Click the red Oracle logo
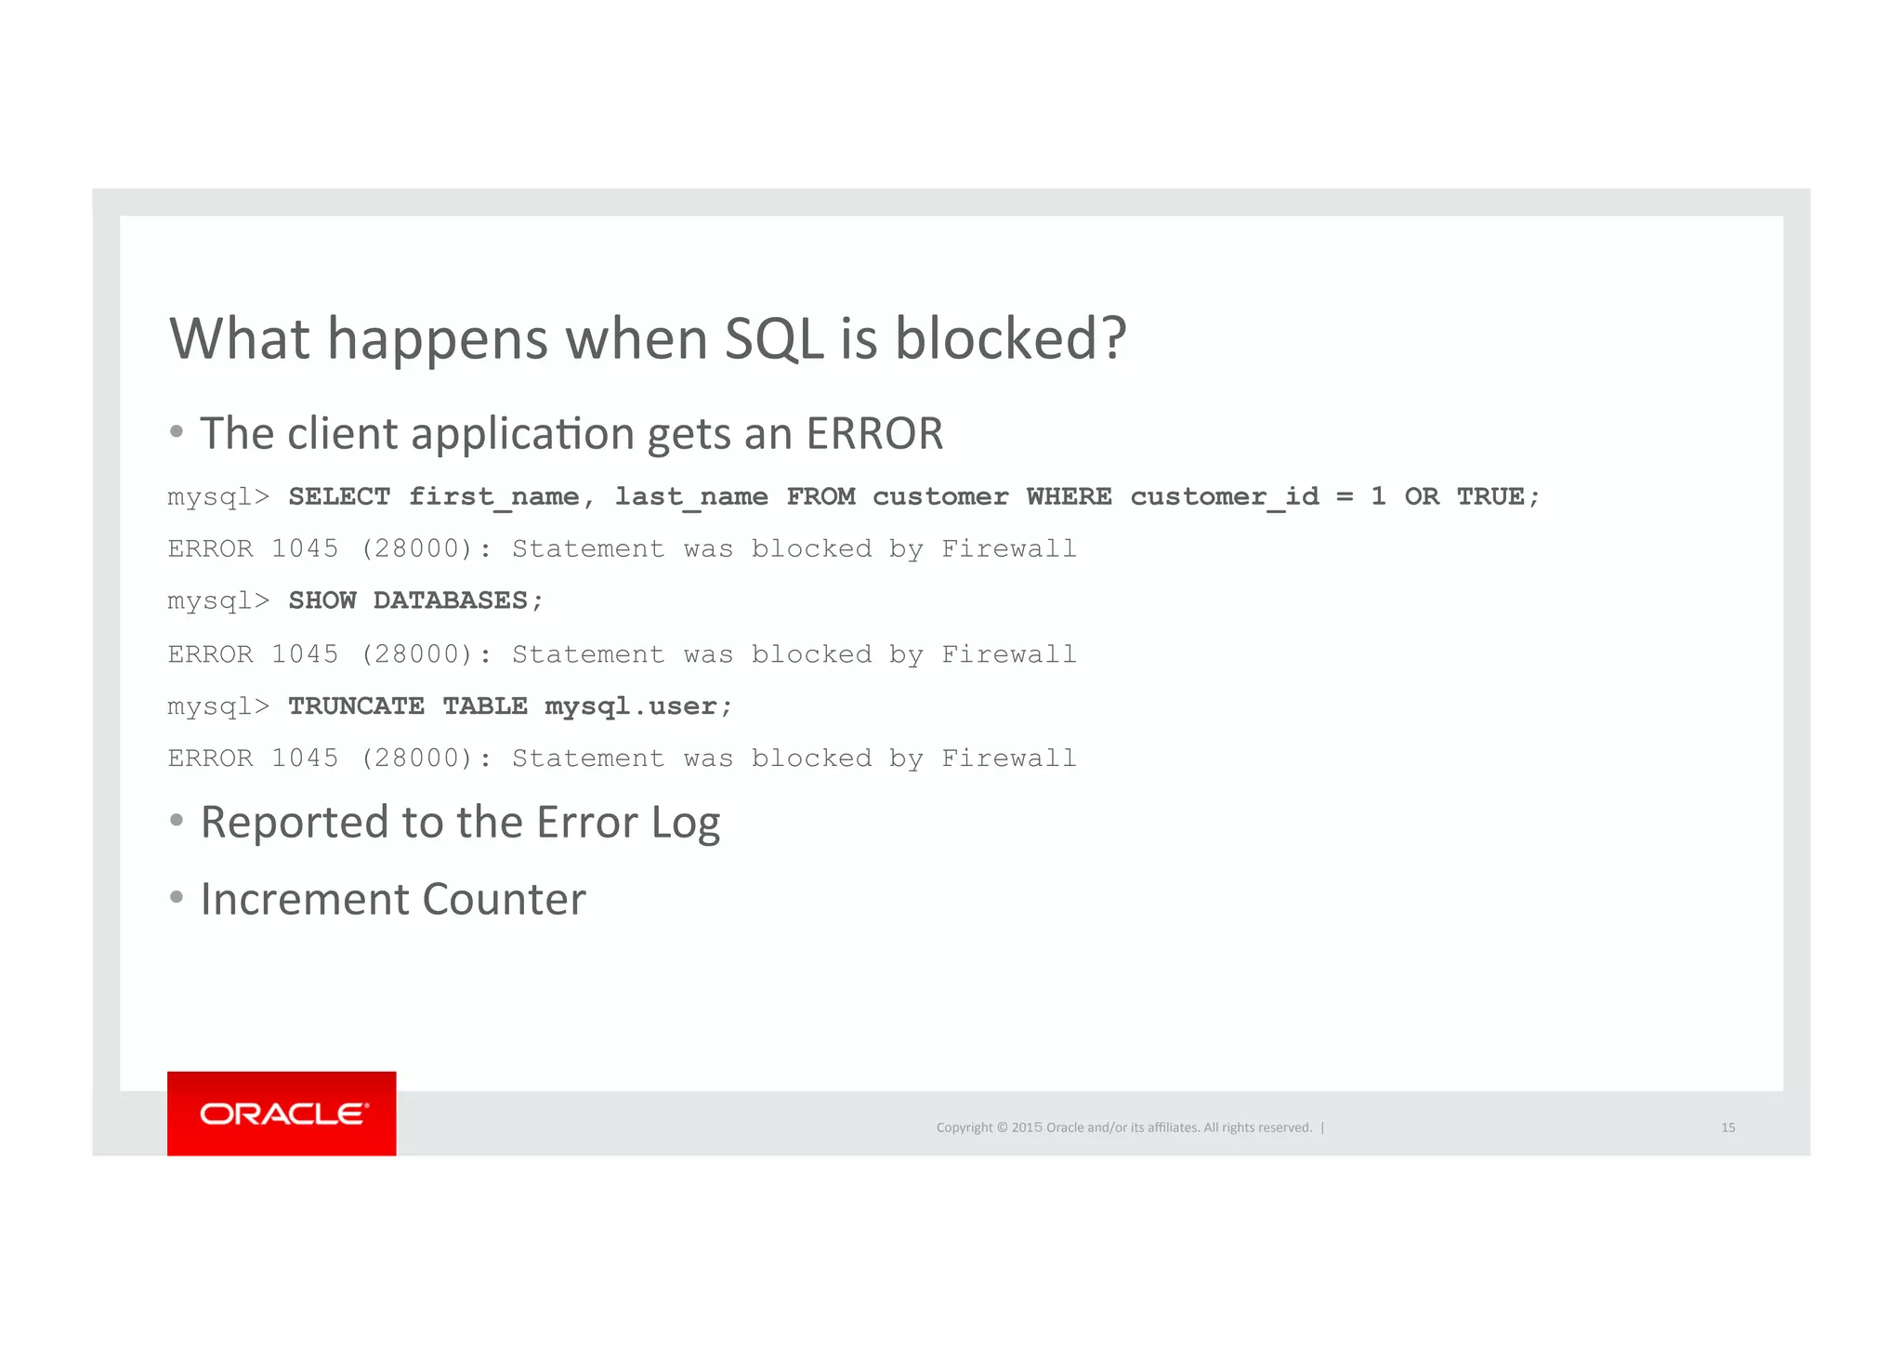point(282,1113)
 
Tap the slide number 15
point(1727,1127)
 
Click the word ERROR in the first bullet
point(874,434)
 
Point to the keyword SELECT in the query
point(339,496)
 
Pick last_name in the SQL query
point(691,496)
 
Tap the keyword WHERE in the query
point(1069,496)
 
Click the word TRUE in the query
point(1490,496)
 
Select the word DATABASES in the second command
point(451,600)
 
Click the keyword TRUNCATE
point(356,706)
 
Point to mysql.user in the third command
point(631,706)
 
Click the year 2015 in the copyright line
point(1027,1127)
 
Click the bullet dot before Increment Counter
point(177,898)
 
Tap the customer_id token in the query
point(1224,496)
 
